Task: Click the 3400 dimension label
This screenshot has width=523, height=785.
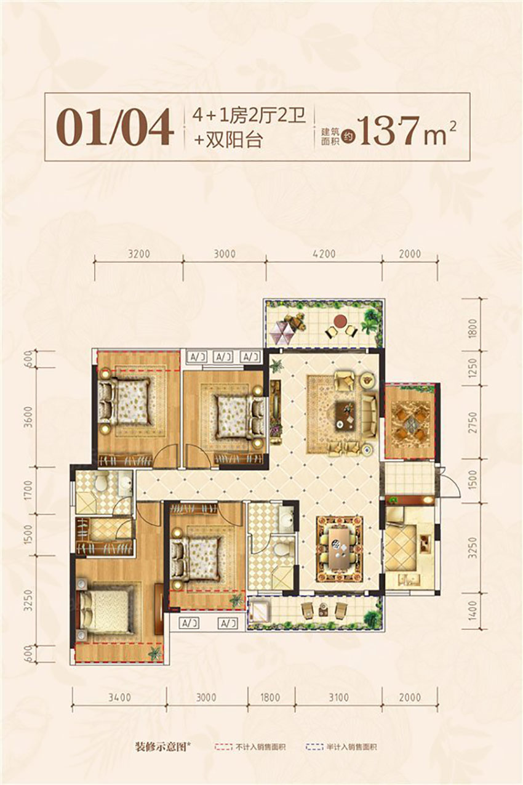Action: pos(119,698)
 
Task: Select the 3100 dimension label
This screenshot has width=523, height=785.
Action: pos(338,698)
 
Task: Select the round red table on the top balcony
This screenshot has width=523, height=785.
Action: pos(338,320)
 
